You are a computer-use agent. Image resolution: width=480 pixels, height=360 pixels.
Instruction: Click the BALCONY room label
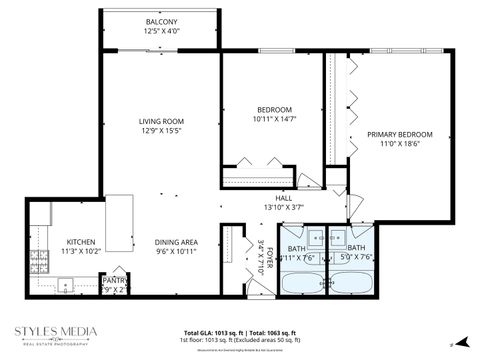coord(161,22)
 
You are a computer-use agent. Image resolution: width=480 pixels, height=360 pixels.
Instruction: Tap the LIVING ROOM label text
coord(162,122)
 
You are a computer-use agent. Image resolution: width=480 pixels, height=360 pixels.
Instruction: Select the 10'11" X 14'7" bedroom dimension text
coord(274,119)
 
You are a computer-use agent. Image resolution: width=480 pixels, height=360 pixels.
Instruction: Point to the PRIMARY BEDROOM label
coord(399,134)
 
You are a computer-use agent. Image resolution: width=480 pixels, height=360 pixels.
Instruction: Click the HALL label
coord(284,198)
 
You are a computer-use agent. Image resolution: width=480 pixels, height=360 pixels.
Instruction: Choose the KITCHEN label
coord(81,242)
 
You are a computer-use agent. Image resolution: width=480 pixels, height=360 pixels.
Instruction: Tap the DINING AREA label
coord(175,242)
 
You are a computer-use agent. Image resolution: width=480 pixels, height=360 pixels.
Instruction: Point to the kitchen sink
coord(66,286)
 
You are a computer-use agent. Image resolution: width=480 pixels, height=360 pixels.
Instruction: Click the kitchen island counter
coord(120,224)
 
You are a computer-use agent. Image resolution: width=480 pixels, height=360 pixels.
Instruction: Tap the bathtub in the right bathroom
coord(355,281)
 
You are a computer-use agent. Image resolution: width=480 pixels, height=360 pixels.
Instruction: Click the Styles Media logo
coord(55,333)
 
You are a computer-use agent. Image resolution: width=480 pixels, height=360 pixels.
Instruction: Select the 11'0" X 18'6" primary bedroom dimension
coord(399,144)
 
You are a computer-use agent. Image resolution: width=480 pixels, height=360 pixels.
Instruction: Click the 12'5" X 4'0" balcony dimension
coord(161,32)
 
